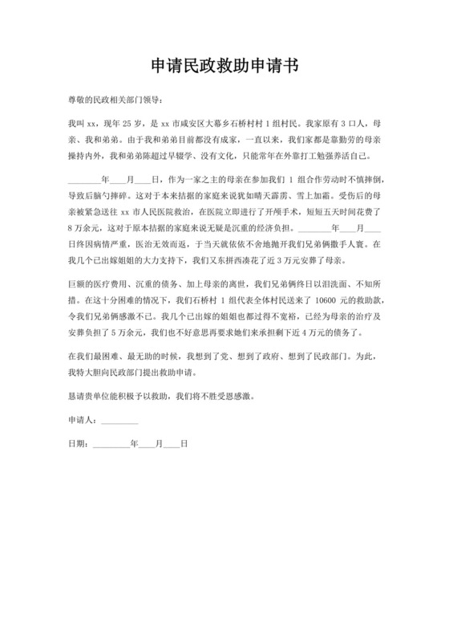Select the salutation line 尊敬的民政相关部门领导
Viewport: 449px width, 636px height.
(115, 100)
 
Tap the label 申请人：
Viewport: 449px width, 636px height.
(84, 420)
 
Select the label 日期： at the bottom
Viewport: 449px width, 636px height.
(80, 443)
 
